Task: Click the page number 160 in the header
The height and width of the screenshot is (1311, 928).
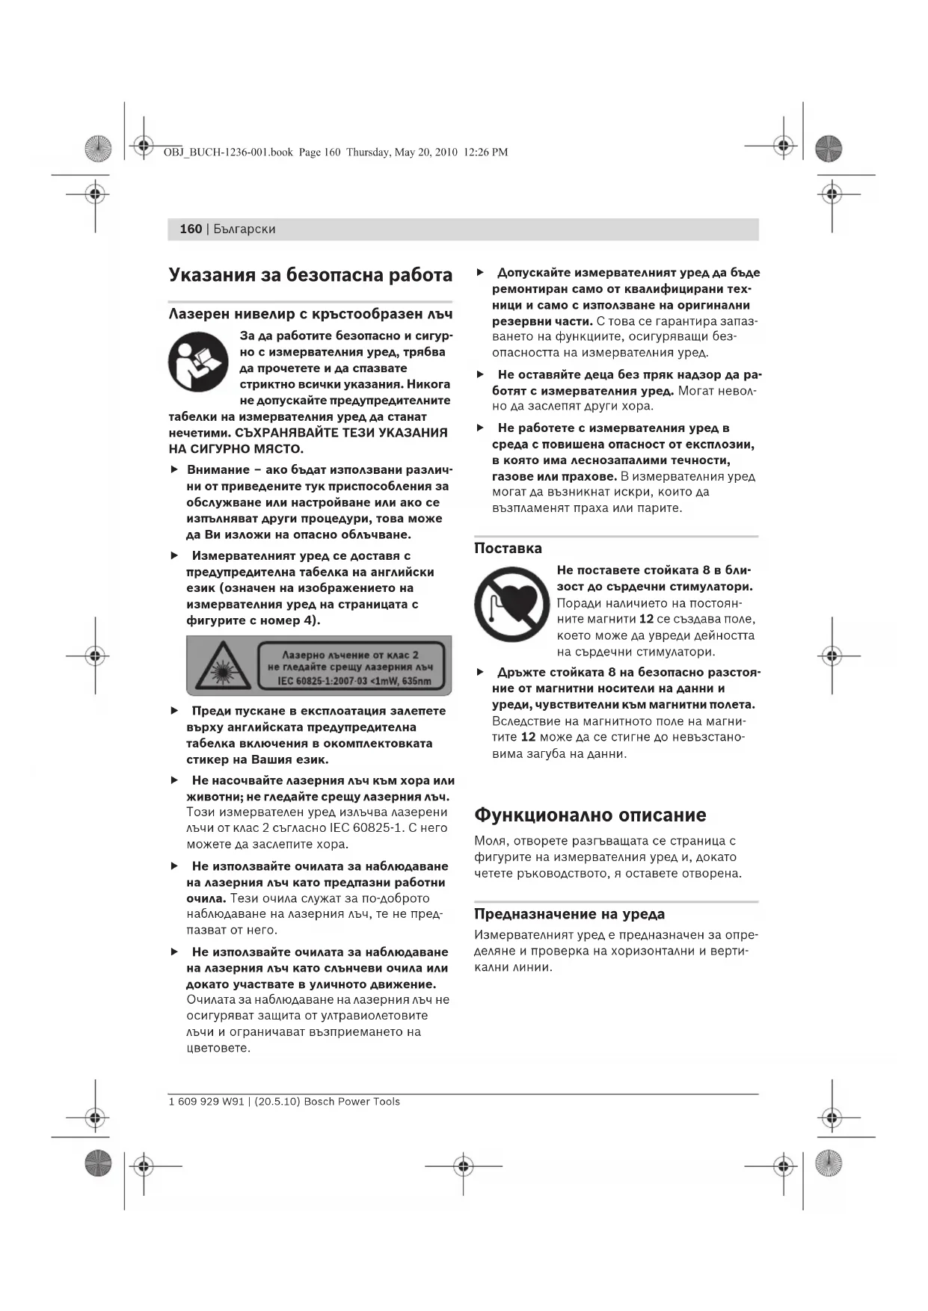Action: (191, 229)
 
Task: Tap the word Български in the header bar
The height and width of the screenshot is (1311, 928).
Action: (245, 229)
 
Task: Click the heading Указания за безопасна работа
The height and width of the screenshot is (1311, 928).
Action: (310, 275)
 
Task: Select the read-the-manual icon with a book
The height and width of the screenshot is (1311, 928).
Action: (198, 362)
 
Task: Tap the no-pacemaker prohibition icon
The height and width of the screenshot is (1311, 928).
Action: (511, 604)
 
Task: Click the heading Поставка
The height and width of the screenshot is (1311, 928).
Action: (508, 548)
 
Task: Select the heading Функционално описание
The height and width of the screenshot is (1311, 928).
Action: (590, 815)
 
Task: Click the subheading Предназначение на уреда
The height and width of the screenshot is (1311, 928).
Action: (569, 913)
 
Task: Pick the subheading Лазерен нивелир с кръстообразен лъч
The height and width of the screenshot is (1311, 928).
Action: (310, 314)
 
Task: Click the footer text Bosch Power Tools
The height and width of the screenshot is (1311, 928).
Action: (351, 1102)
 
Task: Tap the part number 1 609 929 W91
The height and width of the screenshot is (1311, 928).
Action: (206, 1102)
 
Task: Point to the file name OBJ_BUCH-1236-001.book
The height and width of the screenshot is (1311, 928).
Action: (228, 152)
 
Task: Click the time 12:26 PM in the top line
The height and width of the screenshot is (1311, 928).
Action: (485, 152)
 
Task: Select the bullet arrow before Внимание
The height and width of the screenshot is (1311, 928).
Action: (174, 469)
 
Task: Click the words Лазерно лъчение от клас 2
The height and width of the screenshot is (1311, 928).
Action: (350, 655)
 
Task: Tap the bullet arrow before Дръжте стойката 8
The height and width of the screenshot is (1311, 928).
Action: (480, 672)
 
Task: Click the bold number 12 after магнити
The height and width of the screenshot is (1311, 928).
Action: (646, 619)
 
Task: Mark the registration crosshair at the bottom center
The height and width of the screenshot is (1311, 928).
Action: (463, 1165)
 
